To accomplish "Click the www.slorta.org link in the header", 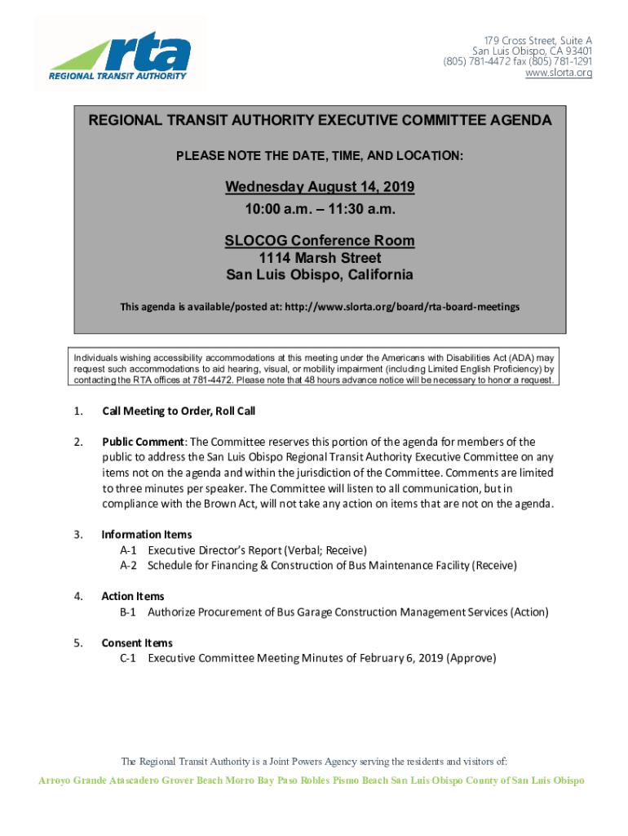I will click(x=559, y=73).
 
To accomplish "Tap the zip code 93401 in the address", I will click(x=574, y=51).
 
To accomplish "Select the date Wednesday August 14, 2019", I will click(x=320, y=188).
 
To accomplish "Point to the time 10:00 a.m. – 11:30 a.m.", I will click(x=320, y=209).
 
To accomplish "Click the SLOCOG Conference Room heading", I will click(x=320, y=242).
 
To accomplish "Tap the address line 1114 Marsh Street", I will click(x=320, y=258).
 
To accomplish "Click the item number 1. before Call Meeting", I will click(x=78, y=411).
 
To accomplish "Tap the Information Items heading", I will click(x=147, y=535).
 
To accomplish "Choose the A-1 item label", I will click(x=128, y=550).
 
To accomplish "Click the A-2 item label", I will click(x=128, y=565).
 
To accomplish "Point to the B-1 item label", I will click(x=128, y=611).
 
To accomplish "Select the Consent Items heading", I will click(x=137, y=643).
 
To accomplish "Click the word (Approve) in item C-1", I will click(x=471, y=658).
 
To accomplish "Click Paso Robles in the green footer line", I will click(x=299, y=780).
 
